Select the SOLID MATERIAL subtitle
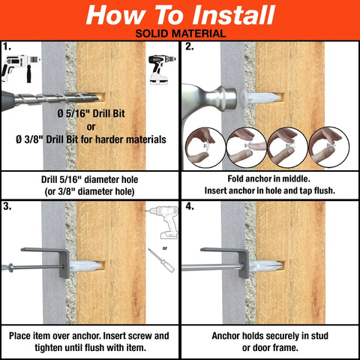pyautogui.click(x=180, y=34)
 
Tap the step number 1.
pyautogui.click(x=7, y=46)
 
